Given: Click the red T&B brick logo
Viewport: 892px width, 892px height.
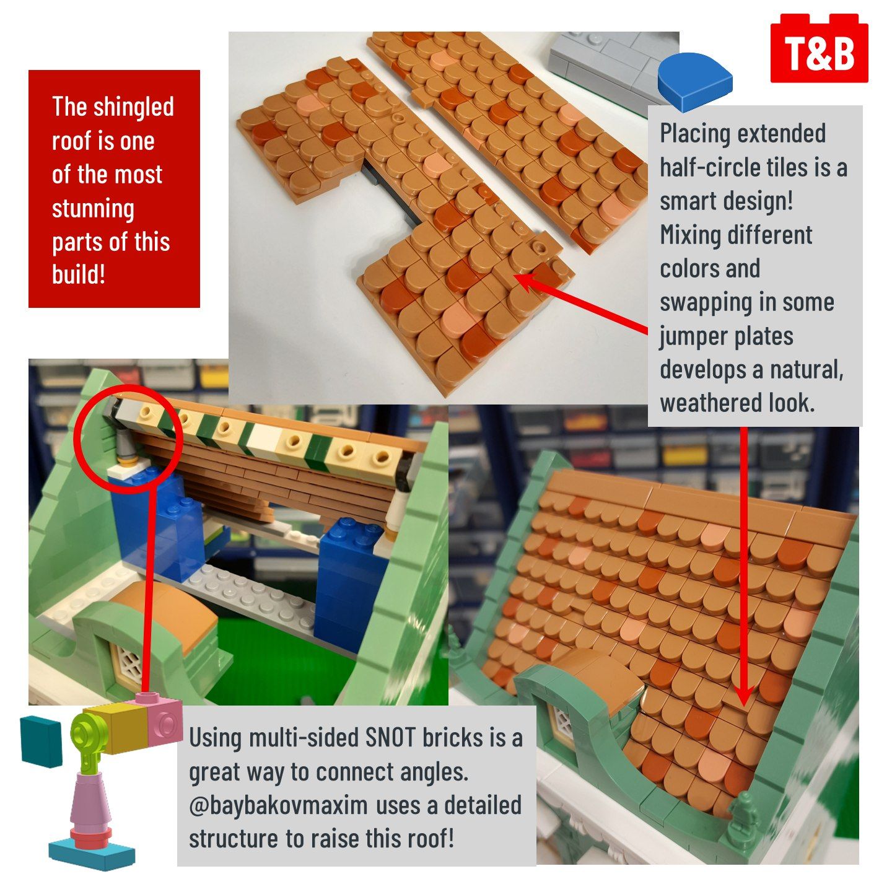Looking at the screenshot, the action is [819, 48].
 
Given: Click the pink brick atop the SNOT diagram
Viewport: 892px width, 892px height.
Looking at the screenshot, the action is [160, 721].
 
